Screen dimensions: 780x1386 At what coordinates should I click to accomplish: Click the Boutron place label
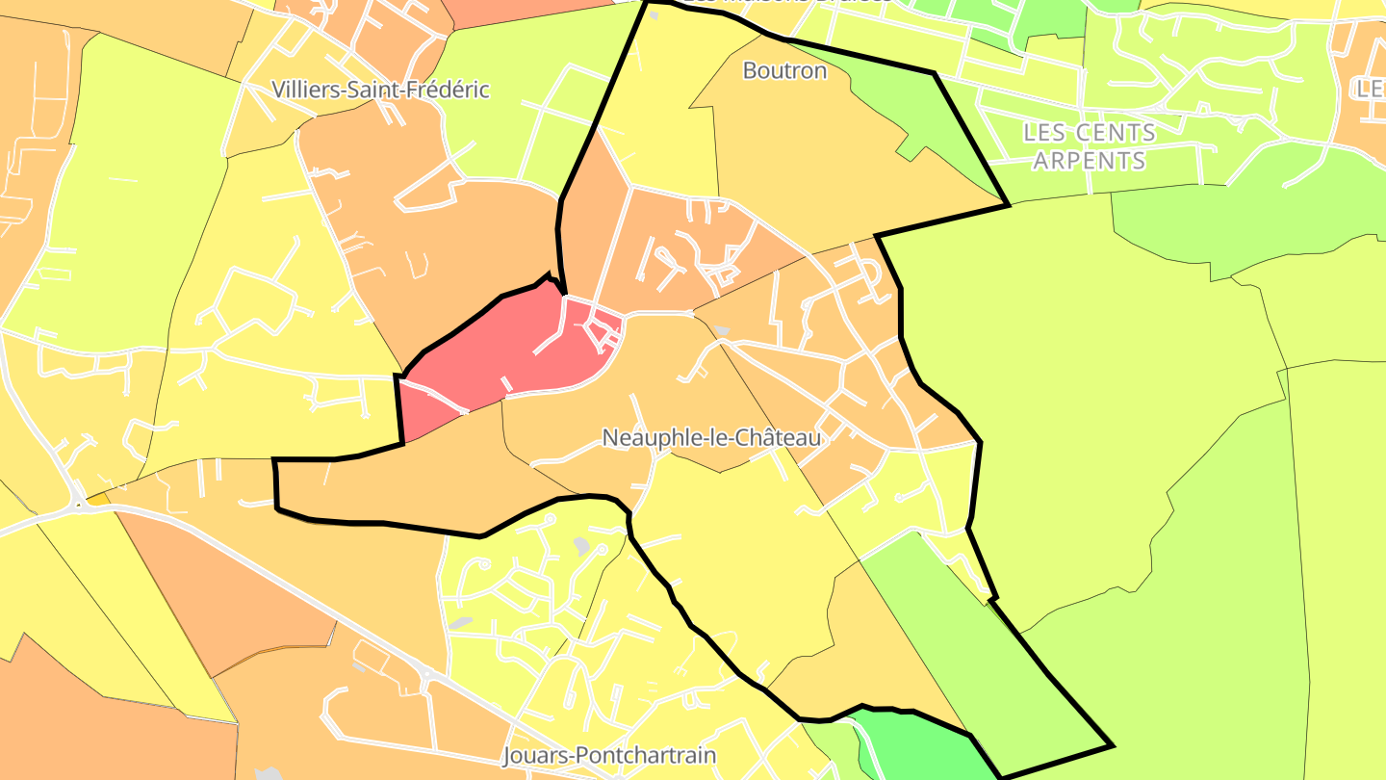point(784,70)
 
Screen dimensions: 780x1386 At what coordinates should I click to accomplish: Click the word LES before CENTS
point(1046,132)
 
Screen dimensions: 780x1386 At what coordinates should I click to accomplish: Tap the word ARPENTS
point(1090,160)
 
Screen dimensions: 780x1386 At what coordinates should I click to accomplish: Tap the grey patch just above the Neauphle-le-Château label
point(722,331)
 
